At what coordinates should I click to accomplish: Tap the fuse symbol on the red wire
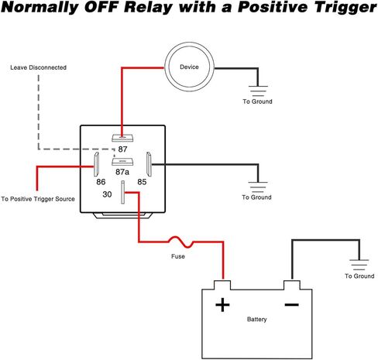click(x=180, y=242)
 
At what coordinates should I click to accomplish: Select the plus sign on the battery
click(x=222, y=305)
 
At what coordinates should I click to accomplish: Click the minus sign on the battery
click(x=291, y=305)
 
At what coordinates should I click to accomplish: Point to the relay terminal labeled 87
click(x=122, y=138)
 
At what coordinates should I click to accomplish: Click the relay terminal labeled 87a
click(x=122, y=162)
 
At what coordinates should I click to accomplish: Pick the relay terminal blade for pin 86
click(x=96, y=164)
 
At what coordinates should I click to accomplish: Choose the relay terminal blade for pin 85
click(x=149, y=164)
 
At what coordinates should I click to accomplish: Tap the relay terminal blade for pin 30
click(x=123, y=192)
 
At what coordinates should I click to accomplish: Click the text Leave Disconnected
click(x=38, y=67)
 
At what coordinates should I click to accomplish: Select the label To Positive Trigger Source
click(x=38, y=199)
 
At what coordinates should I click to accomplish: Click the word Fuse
click(x=178, y=256)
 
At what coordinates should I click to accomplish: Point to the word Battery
click(x=256, y=320)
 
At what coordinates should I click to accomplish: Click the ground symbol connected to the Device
click(x=258, y=91)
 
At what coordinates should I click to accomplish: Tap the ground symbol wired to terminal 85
click(x=258, y=187)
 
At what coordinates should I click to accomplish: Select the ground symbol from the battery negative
click(x=359, y=265)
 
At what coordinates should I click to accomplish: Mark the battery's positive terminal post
click(x=222, y=285)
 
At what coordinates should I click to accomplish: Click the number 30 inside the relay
click(x=107, y=194)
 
